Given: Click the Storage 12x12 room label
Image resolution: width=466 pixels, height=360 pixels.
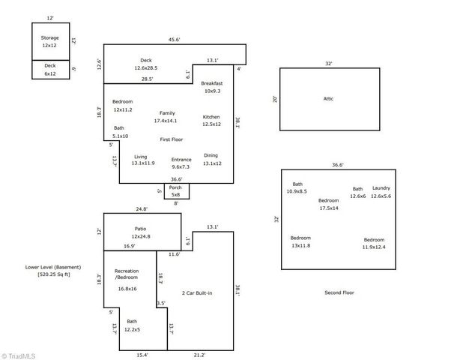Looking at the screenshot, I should click(x=50, y=41).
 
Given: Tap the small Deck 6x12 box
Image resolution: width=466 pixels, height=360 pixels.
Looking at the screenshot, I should click(x=50, y=69).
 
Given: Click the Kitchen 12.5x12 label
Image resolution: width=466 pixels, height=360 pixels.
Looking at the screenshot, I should click(x=211, y=120).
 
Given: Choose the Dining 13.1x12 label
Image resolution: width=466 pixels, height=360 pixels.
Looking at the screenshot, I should click(x=211, y=159).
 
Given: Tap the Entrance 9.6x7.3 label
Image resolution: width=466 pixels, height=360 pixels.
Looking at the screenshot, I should click(x=181, y=163).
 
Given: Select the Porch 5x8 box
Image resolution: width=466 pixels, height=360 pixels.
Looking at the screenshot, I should click(x=176, y=191).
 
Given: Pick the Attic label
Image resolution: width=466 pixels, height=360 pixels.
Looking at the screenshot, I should click(x=328, y=98).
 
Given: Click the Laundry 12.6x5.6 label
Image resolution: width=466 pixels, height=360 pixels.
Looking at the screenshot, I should click(x=381, y=192).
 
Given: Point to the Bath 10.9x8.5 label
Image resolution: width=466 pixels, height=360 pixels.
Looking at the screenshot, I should click(x=297, y=187).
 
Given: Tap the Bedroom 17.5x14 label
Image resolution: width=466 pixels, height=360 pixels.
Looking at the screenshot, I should click(x=329, y=204).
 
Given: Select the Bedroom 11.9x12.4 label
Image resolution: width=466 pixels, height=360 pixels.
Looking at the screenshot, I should click(x=374, y=242).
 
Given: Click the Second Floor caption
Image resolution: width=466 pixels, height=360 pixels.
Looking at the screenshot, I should click(x=339, y=292).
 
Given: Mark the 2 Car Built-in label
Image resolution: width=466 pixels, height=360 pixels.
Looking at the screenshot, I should click(x=197, y=292).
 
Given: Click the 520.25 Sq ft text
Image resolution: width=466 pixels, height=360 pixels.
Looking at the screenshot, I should click(x=53, y=274).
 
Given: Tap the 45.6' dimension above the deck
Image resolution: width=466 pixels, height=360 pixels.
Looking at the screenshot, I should click(x=173, y=40).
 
